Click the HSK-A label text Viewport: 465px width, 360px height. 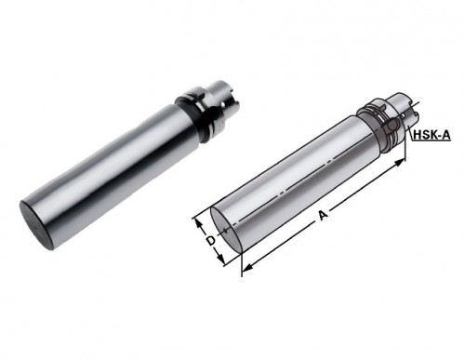tap(432, 135)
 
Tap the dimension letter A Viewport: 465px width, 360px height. tap(323, 215)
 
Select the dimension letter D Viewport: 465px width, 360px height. tap(211, 241)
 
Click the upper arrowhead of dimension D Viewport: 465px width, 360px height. tap(197, 222)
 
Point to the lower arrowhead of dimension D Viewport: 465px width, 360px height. tap(220, 259)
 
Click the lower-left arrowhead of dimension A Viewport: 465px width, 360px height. tap(247, 269)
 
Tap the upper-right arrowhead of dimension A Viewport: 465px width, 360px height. tap(400, 162)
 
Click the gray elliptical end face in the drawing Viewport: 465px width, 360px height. tap(227, 230)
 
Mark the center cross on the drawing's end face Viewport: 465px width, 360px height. tap(226, 230)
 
